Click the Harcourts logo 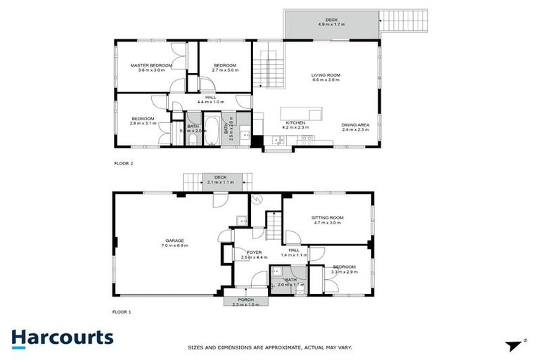click(62, 337)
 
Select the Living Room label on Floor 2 click(326, 77)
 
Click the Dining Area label click(355, 127)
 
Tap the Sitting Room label click(326, 219)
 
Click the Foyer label click(254, 255)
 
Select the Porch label click(242, 302)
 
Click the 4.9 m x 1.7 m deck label click(331, 22)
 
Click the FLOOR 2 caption click(123, 163)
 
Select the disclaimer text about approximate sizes click(269, 347)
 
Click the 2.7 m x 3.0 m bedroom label click(225, 67)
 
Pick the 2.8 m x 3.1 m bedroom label click(142, 121)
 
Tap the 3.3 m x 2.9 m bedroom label click(345, 269)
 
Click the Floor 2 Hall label click(210, 100)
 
